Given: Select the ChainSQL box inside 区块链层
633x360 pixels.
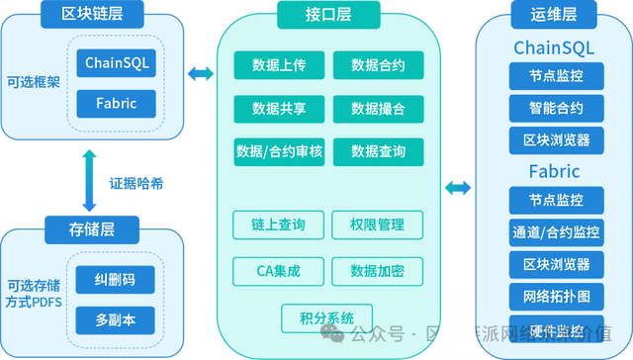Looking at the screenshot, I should [x=118, y=64].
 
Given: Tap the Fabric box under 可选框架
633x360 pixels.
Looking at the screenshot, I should [x=118, y=103].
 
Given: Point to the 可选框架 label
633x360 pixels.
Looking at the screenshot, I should [x=33, y=83].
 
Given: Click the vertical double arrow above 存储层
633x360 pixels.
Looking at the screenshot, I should [x=90, y=183].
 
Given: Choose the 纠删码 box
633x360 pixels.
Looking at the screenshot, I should [x=118, y=281].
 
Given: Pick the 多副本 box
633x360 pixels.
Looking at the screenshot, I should [x=118, y=320].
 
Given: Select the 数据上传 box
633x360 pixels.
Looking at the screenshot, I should [x=278, y=66].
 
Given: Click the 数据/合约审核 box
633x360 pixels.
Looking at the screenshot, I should [x=278, y=150].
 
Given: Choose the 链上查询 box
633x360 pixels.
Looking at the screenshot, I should [x=278, y=225].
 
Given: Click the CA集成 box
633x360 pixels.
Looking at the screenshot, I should [x=278, y=271].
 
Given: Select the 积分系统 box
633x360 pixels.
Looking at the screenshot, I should [x=325, y=317].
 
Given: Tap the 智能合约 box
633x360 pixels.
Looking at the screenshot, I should [x=555, y=106].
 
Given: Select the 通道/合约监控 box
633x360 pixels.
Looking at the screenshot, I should [x=555, y=232].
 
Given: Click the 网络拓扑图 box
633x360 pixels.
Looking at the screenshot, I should [x=555, y=296].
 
